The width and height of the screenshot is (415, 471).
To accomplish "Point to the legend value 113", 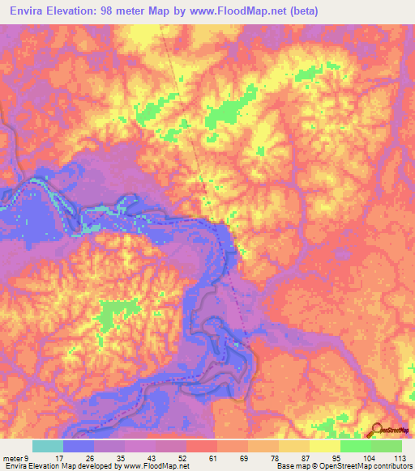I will coord(400,456).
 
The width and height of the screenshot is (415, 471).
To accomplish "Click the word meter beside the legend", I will coord(12,456).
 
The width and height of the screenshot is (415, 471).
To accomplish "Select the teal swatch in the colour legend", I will coord(48,446).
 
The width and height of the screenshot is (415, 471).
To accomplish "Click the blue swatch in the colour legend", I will coord(79,446).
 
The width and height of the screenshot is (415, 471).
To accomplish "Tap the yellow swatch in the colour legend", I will coord(325,446).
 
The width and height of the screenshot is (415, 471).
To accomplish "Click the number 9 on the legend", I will coord(27,456).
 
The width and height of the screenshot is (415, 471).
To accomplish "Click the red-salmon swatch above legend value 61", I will coord(202,446).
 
